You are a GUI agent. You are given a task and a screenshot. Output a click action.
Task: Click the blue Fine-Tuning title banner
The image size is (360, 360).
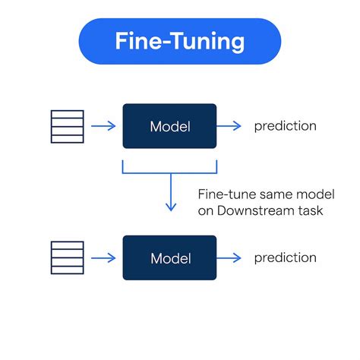point(179,41)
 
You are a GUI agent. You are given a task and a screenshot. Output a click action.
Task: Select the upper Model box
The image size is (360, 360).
point(169,126)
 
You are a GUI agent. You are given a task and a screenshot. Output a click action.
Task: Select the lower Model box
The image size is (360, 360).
point(169,258)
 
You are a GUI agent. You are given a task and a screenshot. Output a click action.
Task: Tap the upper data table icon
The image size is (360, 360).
point(67,126)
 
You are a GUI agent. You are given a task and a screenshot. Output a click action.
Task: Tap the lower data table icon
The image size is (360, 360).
point(67,258)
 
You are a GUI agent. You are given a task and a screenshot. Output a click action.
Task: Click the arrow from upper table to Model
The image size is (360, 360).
point(103,126)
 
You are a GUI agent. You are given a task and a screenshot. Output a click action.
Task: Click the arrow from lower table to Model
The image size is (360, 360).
point(103,258)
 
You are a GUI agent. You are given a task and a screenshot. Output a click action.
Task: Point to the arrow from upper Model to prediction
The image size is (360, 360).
point(229,126)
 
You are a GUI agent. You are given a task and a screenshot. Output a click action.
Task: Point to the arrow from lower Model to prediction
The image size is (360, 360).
point(229,258)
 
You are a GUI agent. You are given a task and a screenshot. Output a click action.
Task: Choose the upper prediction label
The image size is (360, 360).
point(285,126)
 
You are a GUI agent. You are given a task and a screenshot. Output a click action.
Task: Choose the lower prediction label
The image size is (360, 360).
point(285,258)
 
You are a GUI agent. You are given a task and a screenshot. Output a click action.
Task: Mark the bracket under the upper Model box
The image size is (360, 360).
point(170,172)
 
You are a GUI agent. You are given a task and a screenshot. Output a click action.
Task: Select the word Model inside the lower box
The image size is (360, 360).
point(169,258)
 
